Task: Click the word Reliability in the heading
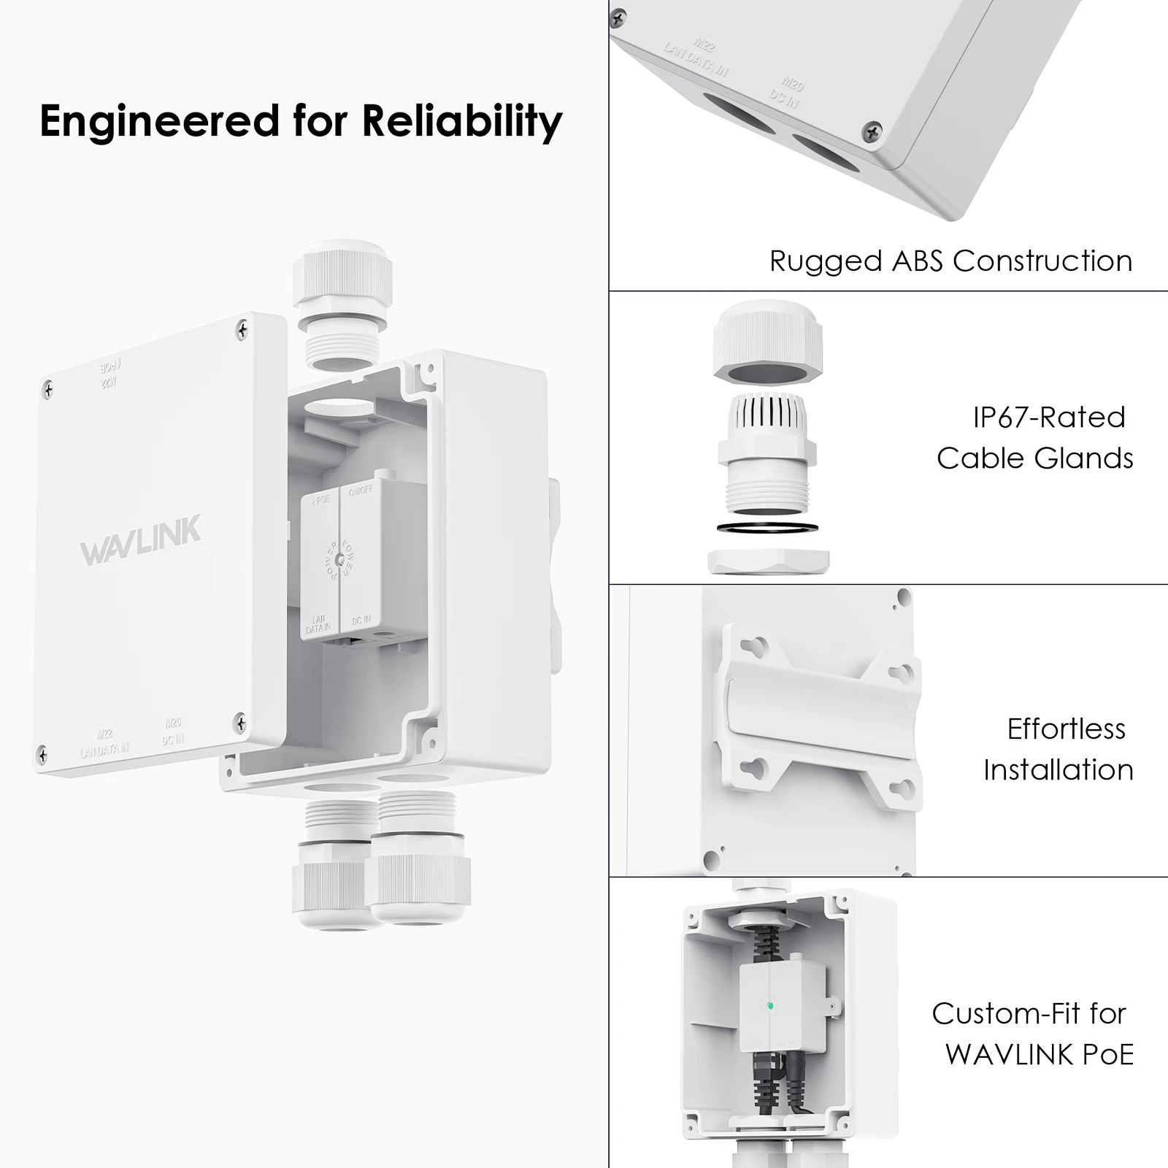click(461, 121)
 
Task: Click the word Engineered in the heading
click(159, 121)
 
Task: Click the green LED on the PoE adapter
click(770, 1007)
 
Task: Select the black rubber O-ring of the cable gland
click(767, 527)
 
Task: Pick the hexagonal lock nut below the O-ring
click(769, 561)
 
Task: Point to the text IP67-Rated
click(1049, 418)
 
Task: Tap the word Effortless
click(1066, 729)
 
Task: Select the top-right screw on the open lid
click(242, 331)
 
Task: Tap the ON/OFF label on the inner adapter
click(361, 492)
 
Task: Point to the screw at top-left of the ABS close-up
click(619, 15)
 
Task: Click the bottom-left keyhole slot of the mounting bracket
click(756, 767)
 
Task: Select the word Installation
click(1058, 770)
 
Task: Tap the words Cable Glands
click(1034, 458)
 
